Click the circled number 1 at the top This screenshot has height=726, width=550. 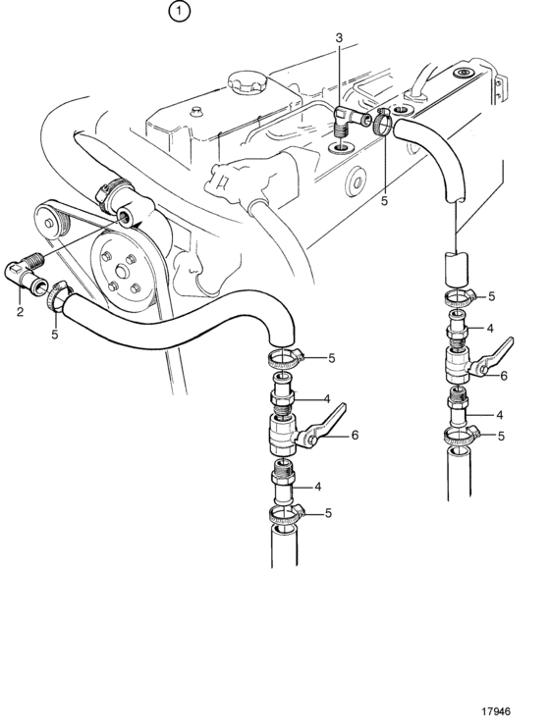[180, 11]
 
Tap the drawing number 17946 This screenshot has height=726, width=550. [496, 711]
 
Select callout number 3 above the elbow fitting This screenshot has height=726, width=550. [339, 38]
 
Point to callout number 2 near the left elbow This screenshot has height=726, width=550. [20, 312]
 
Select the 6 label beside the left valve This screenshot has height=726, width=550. [355, 435]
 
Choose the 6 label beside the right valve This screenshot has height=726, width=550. [504, 376]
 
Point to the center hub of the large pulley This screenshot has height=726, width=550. [123, 272]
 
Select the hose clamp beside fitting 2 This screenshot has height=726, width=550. [58, 297]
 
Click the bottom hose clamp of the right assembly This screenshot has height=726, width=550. [462, 436]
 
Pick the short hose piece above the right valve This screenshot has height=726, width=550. [457, 270]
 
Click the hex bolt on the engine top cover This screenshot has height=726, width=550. [195, 112]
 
